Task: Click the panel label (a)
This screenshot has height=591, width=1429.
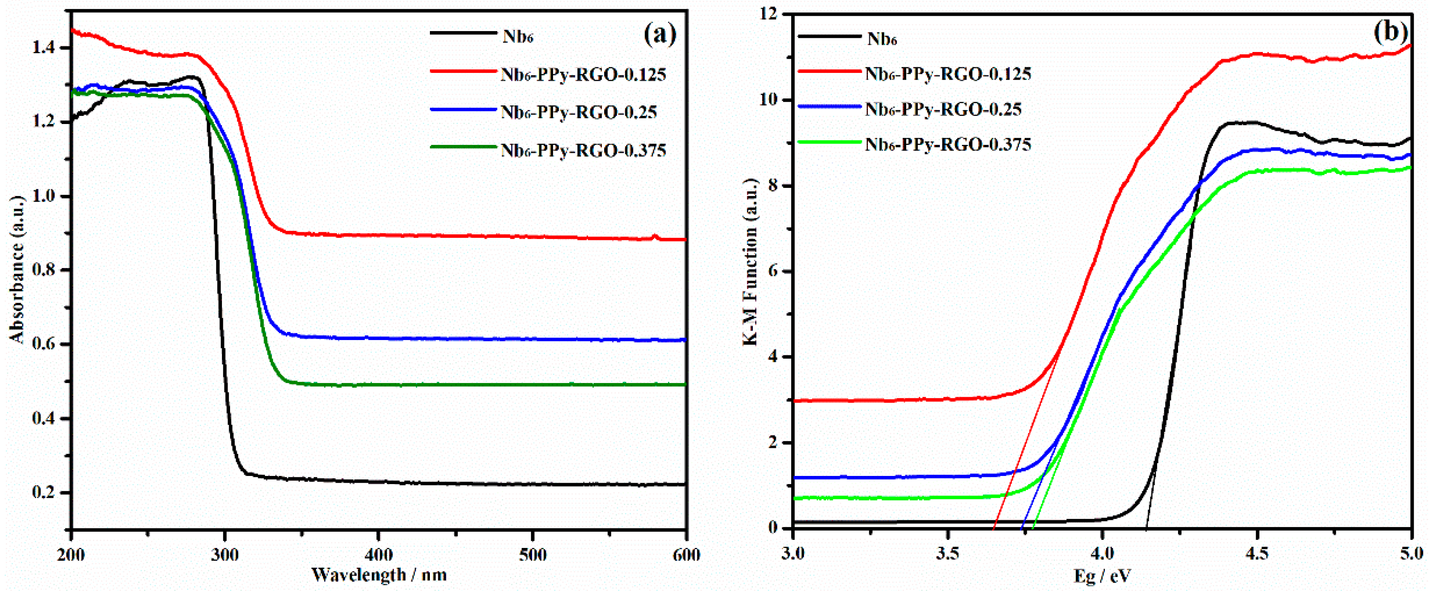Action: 660,35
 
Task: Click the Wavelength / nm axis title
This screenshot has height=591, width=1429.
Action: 379,574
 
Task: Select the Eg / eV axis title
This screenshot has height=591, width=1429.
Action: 1102,576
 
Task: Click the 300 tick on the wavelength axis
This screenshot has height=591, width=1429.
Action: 225,554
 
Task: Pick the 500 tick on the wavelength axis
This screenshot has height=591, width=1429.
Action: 533,554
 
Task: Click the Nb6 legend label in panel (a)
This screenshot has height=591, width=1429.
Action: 518,37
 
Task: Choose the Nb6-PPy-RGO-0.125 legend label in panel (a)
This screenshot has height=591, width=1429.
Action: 583,75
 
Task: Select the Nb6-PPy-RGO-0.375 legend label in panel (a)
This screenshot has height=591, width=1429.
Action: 583,150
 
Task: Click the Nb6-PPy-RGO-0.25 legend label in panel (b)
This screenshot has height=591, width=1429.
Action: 943,110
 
